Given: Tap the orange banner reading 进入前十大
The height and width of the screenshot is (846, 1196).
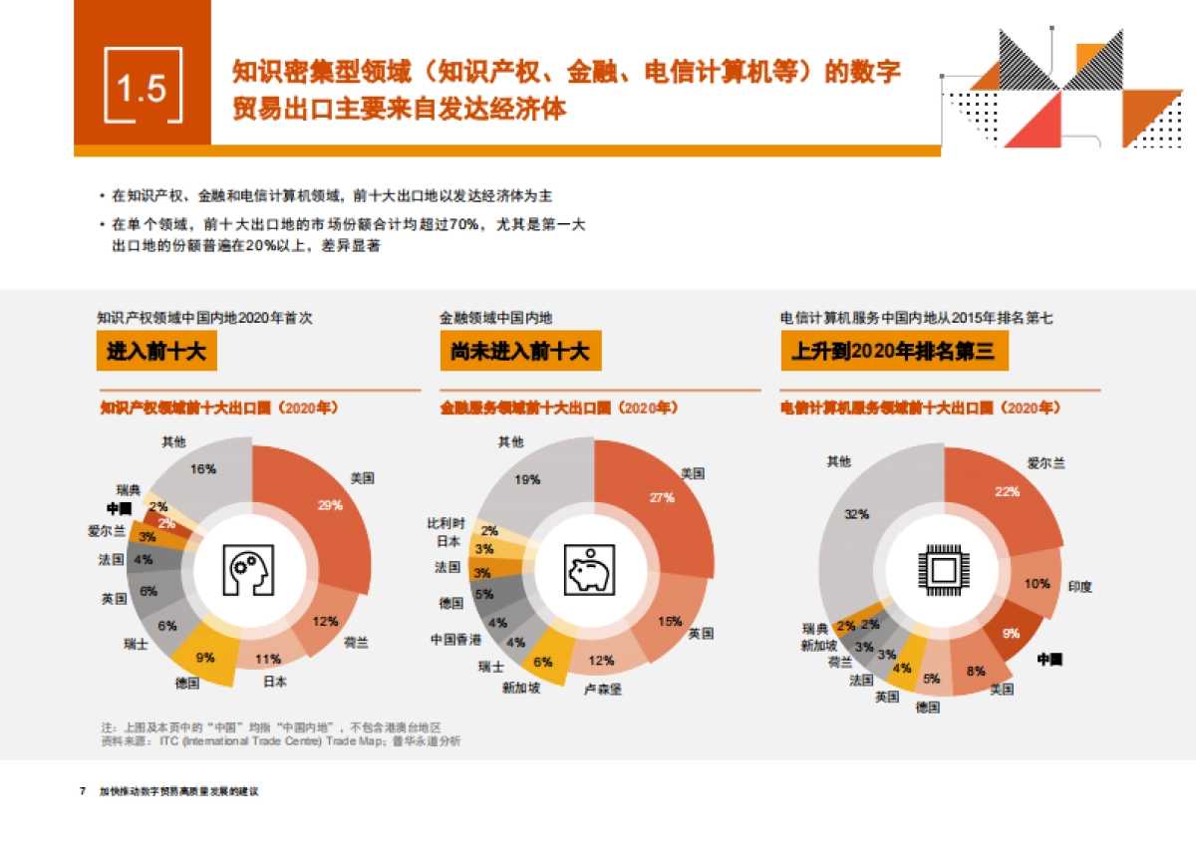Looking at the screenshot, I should pyautogui.click(x=156, y=351).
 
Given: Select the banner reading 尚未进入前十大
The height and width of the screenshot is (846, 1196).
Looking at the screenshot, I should pyautogui.click(x=519, y=351).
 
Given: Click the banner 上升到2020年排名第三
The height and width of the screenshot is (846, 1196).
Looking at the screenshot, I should pyautogui.click(x=894, y=351).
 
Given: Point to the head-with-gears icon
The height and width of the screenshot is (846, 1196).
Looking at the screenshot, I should pyautogui.click(x=252, y=569).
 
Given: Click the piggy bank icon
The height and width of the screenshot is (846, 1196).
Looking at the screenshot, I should pyautogui.click(x=589, y=569).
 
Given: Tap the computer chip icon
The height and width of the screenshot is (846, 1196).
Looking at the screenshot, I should pyautogui.click(x=942, y=569).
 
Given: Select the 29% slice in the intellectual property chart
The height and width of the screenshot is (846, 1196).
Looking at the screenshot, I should pyautogui.click(x=329, y=506).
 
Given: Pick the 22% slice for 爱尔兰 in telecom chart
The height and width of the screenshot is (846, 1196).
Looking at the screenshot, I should pyautogui.click(x=1007, y=493).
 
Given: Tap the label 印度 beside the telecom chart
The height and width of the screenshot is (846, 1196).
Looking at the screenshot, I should pyautogui.click(x=1079, y=586).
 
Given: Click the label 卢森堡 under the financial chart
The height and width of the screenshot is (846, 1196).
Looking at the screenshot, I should pyautogui.click(x=602, y=689).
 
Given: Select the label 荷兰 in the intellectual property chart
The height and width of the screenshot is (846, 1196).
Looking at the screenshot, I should pyautogui.click(x=356, y=642).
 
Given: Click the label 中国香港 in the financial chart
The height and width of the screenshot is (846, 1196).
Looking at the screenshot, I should pyautogui.click(x=455, y=638).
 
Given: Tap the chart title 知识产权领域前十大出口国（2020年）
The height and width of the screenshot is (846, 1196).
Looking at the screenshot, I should pyautogui.click(x=220, y=408).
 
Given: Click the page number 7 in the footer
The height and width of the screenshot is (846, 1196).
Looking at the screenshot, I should pyautogui.click(x=83, y=791).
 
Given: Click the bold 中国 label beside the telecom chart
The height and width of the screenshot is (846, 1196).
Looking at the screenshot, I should pyautogui.click(x=1049, y=659).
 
